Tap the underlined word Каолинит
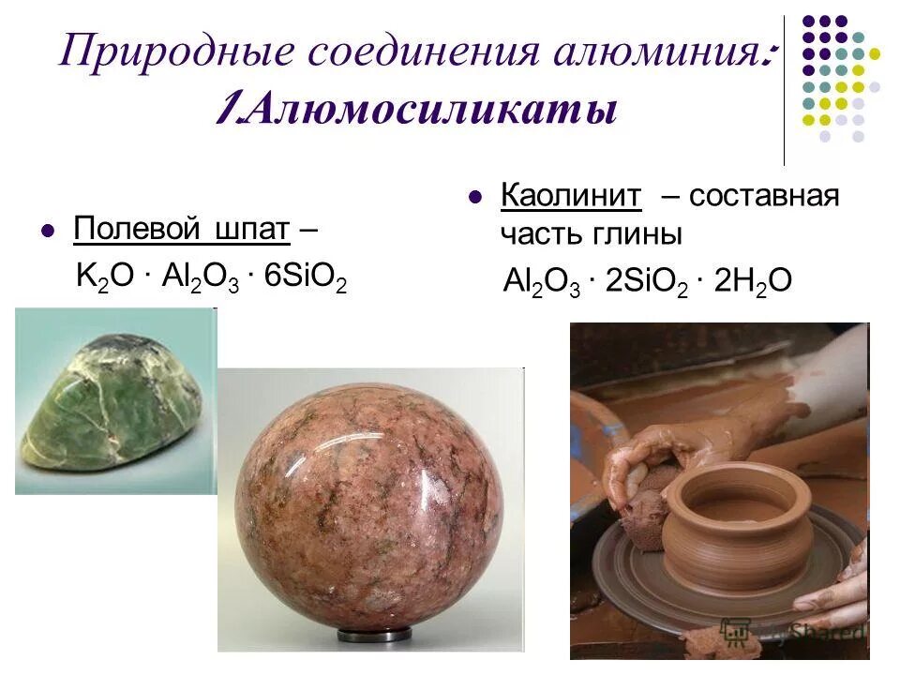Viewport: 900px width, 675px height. coord(572,196)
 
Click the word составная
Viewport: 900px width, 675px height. coord(764,196)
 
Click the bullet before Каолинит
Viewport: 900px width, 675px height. coord(475,198)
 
